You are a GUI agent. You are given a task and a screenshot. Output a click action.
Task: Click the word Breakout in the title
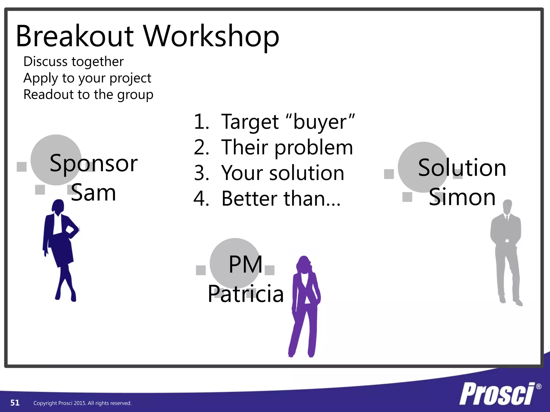point(75,36)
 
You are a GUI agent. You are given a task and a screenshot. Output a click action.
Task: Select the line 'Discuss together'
point(74,62)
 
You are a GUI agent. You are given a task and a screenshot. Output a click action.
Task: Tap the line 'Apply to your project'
point(87,78)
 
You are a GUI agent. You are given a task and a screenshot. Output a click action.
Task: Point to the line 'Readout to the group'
point(88,95)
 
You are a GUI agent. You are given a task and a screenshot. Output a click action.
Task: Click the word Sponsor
point(93,163)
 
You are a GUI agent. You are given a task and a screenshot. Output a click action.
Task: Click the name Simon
point(462,197)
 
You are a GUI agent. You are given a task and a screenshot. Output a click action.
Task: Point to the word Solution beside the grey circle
point(462,168)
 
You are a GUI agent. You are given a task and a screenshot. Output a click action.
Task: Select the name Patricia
point(246,294)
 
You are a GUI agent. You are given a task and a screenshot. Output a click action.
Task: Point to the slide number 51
point(15,403)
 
